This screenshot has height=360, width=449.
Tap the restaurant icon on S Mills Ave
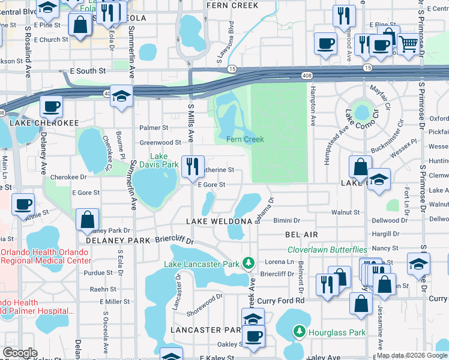(x=193, y=166)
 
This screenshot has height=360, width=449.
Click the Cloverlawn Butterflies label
(x=327, y=250)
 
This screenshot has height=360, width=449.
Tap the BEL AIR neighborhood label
(x=301, y=234)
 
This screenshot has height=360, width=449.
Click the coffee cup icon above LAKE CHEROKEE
(x=51, y=107)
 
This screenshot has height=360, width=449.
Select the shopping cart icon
(x=408, y=43)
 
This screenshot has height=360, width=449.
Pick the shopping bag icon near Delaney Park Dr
(x=88, y=220)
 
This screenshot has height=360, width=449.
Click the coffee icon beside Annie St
(x=23, y=204)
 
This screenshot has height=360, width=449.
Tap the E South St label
(x=88, y=71)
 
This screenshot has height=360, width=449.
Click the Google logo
(x=20, y=353)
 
